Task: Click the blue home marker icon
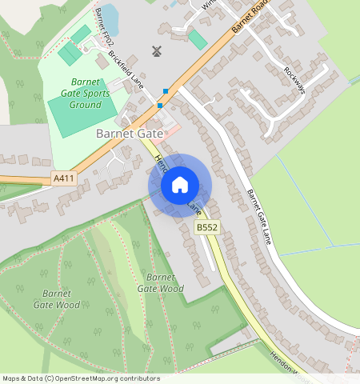180,186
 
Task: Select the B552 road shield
207,229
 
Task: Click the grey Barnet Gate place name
129,134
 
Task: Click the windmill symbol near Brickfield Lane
157,52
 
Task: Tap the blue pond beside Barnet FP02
110,15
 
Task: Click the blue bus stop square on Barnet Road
160,106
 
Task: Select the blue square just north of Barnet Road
166,90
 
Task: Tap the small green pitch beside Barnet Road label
197,39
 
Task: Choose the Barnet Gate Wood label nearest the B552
160,282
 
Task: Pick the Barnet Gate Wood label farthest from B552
57,298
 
